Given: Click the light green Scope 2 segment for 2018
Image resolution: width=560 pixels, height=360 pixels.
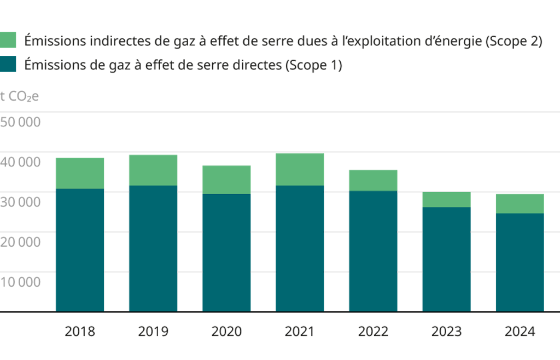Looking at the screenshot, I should [x=80, y=173].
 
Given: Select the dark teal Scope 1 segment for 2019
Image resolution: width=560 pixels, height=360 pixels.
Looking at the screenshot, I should [x=153, y=248].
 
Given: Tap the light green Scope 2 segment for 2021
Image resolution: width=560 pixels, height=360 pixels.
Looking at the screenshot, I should [x=299, y=169].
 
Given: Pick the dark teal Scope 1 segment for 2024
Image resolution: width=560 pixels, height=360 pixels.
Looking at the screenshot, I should [x=520, y=262].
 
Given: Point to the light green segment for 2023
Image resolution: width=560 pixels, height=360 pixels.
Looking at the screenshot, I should [x=446, y=200].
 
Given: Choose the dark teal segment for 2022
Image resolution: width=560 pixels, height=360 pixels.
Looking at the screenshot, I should [x=373, y=251].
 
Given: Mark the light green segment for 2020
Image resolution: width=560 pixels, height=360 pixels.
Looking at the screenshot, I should [x=226, y=179].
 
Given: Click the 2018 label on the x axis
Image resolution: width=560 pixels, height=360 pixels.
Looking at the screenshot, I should [x=80, y=332].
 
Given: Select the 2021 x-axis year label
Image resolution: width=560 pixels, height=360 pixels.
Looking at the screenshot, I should [x=299, y=332].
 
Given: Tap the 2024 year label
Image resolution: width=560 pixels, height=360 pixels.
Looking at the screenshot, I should [x=520, y=332].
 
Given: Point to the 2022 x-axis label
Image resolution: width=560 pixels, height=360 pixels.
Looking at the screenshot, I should [x=373, y=332].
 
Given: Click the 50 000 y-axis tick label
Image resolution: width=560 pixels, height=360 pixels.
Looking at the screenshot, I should [x=20, y=122].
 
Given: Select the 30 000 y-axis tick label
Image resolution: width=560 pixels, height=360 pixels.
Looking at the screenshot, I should [x=20, y=202].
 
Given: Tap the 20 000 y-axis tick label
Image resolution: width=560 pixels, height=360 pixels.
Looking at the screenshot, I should [x=20, y=242].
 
